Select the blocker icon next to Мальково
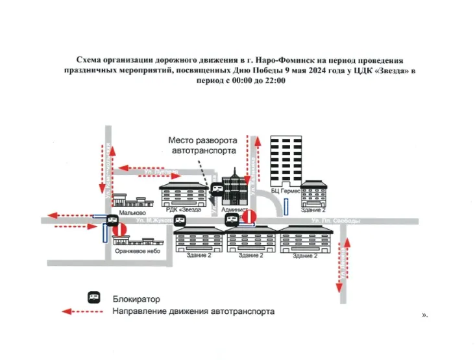point(112,219)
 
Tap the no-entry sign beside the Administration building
point(248,217)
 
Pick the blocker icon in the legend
point(93,298)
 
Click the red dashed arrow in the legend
point(82,312)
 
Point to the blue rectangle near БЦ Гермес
point(286,207)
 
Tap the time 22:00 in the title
point(274,82)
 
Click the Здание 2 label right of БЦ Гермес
point(313,210)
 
